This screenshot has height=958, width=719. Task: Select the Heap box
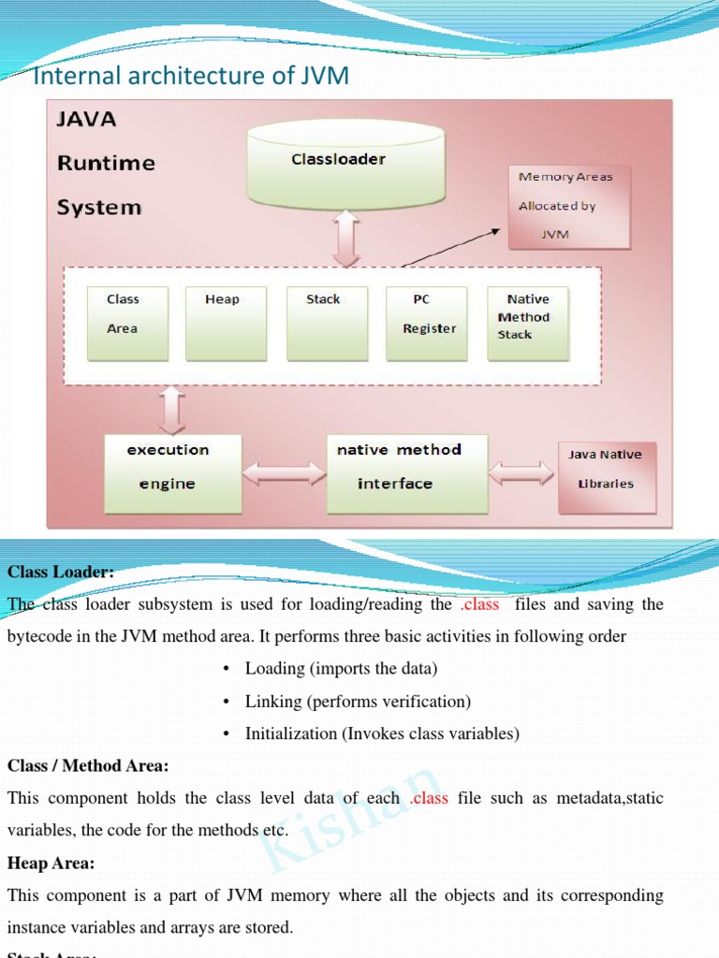pos(226,323)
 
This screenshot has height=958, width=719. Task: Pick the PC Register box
pos(427,323)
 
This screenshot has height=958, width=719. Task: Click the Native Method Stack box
pos(527,323)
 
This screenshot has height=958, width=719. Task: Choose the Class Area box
pos(127,323)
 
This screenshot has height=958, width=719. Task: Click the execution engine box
pos(172,472)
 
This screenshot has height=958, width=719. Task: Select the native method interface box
pos(406,472)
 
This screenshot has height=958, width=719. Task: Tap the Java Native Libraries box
pos(607,477)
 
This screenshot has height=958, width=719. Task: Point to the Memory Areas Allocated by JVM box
pos(568,207)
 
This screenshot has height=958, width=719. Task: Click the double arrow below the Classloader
pos(346,238)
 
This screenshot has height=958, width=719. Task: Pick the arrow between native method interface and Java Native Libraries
pos(521,472)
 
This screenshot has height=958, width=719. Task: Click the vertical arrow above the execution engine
pos(172,410)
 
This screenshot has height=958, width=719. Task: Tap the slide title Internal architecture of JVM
pos(191,76)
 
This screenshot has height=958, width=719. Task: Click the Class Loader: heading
pos(61,572)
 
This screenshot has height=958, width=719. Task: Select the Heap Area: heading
pos(51,863)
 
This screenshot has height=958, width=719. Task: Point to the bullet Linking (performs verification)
pos(358,701)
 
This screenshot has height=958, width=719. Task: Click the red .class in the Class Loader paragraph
pos(480,604)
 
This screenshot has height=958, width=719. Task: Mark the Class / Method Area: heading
pos(88,765)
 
